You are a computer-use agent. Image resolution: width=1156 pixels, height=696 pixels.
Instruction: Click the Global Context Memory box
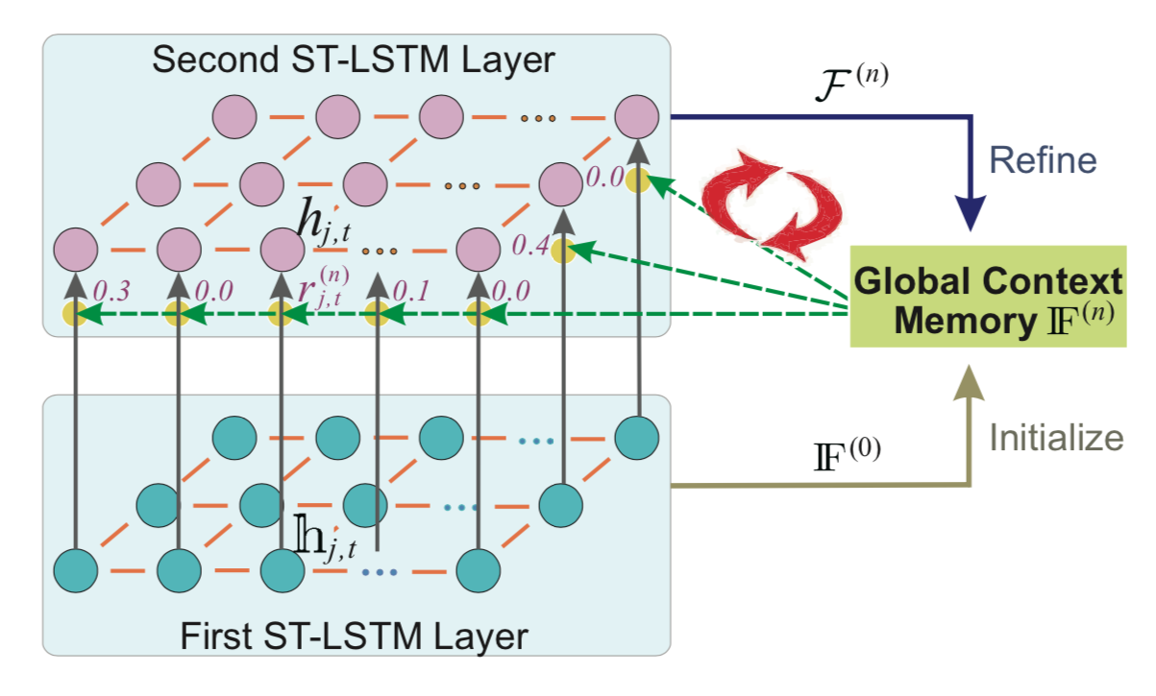(x=988, y=299)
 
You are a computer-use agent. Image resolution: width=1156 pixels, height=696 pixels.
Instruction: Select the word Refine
(x=1043, y=160)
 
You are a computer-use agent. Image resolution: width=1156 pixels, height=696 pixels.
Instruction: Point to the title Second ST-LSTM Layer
(x=354, y=60)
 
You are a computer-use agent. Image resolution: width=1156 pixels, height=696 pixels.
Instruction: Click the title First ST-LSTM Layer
(x=354, y=635)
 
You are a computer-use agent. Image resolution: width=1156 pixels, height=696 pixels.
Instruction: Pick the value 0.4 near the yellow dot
(x=529, y=247)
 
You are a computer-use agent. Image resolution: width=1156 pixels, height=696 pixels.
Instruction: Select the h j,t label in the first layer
(x=328, y=539)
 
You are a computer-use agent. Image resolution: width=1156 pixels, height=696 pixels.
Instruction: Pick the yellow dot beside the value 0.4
(x=563, y=252)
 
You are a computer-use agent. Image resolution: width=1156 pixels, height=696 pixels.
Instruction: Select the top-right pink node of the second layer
(x=636, y=117)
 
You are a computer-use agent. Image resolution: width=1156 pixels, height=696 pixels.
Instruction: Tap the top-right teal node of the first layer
(x=636, y=436)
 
